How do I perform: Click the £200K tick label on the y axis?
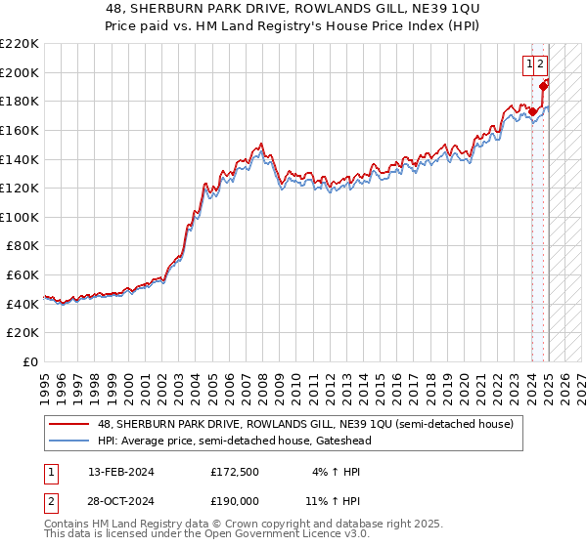(x=19, y=72)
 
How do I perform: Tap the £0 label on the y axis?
(x=30, y=362)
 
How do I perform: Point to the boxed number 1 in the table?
(x=48, y=472)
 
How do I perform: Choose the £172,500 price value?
(x=236, y=472)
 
